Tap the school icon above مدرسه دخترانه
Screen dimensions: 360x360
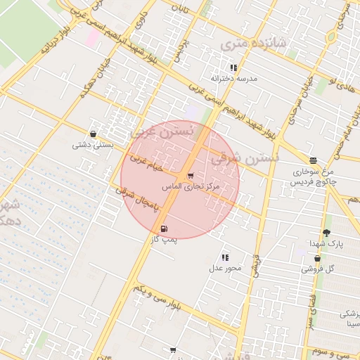click(x=233, y=67)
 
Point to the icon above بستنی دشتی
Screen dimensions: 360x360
click(x=93, y=134)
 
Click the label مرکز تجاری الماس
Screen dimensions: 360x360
click(x=191, y=187)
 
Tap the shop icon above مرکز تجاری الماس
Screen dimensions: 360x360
click(x=191, y=176)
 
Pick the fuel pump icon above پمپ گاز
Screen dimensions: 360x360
click(x=165, y=229)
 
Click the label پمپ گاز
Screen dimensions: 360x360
click(x=165, y=240)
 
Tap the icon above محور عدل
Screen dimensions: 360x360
click(x=225, y=257)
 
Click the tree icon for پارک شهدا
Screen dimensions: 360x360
click(x=326, y=233)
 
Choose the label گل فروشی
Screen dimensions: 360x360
click(x=319, y=269)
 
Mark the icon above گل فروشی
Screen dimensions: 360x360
click(x=317, y=258)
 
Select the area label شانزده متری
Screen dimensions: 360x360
click(x=254, y=44)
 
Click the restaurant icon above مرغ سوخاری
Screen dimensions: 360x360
click(x=313, y=160)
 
